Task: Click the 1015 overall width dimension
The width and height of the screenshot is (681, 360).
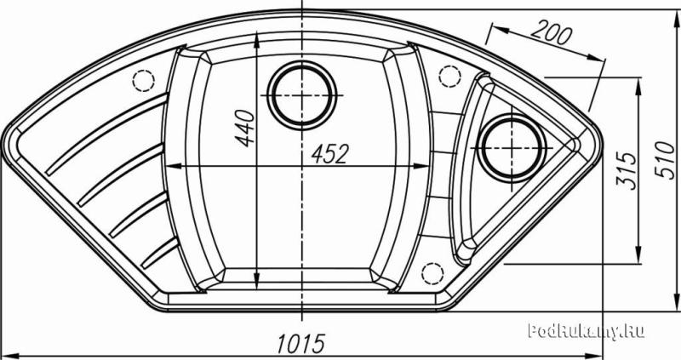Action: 301,344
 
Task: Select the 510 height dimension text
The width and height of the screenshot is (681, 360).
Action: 665,159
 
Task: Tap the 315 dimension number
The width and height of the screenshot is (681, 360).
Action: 626,171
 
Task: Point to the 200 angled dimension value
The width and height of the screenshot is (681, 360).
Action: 551,33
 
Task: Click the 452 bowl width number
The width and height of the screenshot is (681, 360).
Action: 329,154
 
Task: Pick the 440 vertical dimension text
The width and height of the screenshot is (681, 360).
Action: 244,129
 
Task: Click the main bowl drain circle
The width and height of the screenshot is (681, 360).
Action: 302,95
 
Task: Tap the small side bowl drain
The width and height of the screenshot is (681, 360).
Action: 511,148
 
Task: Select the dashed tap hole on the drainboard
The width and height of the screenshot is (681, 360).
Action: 143,80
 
